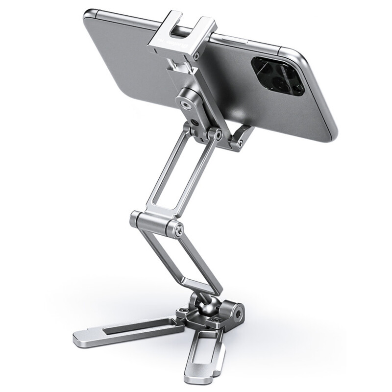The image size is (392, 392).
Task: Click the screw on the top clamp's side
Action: pyautogui.click(x=196, y=57)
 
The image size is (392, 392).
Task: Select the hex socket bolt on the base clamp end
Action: pyautogui.click(x=239, y=311)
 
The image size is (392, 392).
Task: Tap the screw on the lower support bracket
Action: pyautogui.click(x=240, y=143)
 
